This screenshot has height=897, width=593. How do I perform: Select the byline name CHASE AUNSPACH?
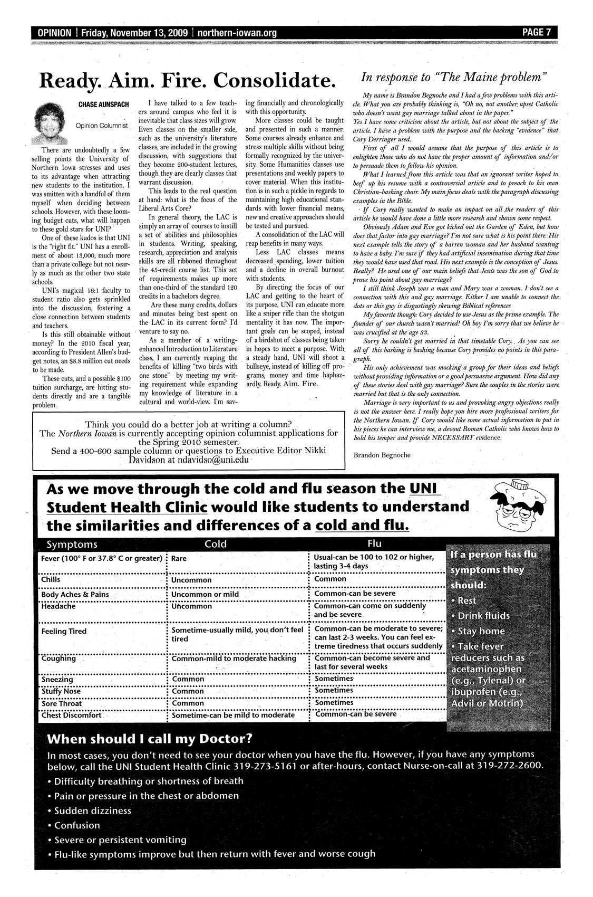[x=104, y=105]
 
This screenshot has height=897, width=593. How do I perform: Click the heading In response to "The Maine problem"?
[x=454, y=77]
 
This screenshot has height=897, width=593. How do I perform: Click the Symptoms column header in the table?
[x=72, y=544]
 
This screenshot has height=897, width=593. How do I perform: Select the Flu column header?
[x=374, y=543]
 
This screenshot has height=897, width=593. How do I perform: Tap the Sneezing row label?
[x=57, y=680]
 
